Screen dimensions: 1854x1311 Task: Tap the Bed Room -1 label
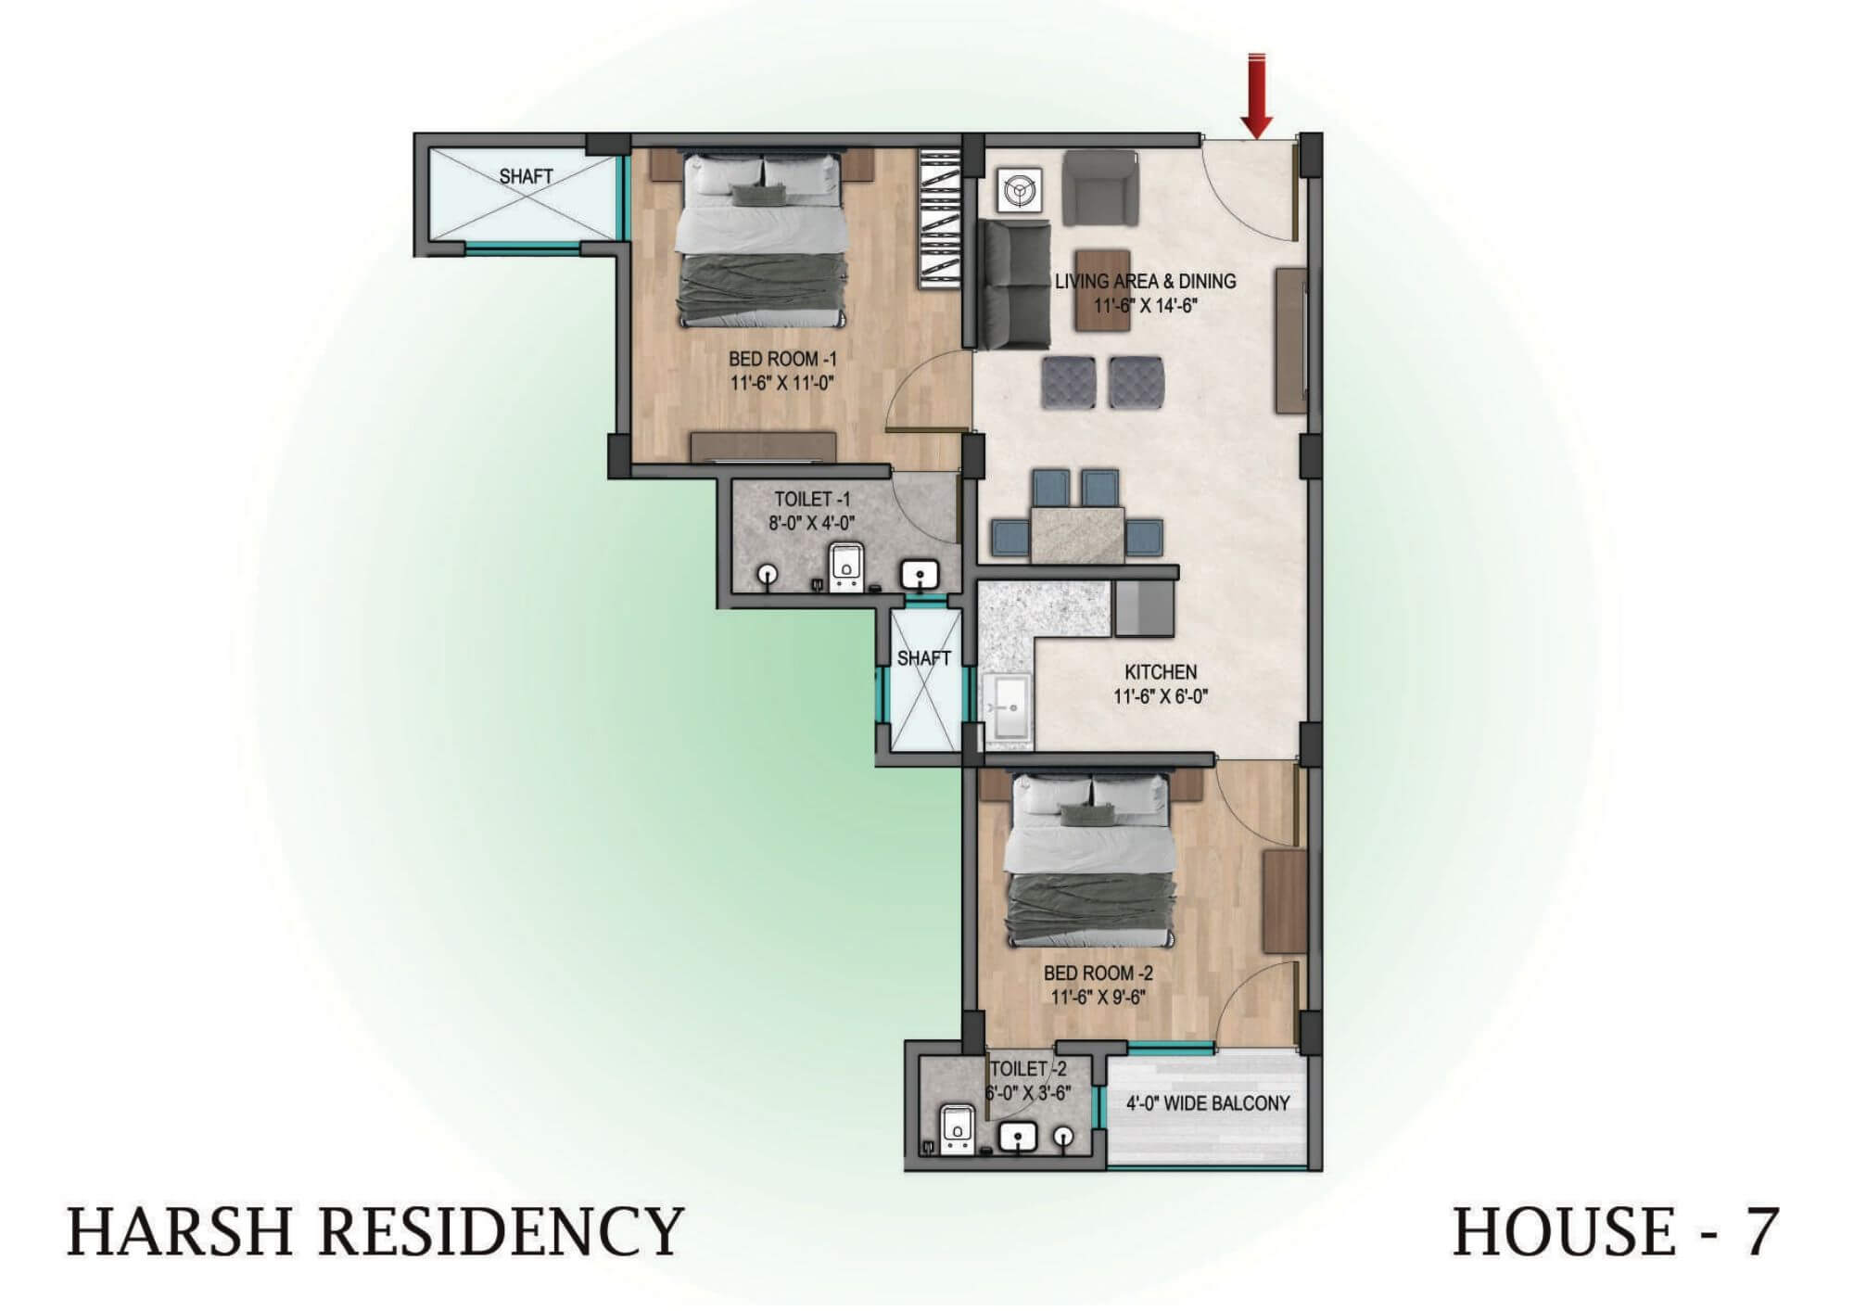(782, 359)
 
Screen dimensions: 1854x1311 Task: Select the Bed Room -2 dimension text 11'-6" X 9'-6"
(1098, 998)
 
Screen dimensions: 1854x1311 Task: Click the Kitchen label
(1161, 671)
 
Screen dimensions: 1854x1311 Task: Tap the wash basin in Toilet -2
(1019, 1137)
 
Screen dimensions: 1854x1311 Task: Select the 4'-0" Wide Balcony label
(1208, 1103)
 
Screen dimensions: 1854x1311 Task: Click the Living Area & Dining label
(1146, 281)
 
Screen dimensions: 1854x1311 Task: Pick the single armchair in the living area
(1099, 188)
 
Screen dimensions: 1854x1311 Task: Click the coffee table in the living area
(1103, 290)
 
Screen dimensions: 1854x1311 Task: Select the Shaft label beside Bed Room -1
(526, 176)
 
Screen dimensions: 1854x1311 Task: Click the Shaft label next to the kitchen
(923, 658)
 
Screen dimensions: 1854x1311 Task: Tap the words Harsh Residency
(375, 1231)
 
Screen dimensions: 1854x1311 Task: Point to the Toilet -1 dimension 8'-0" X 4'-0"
(811, 522)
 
